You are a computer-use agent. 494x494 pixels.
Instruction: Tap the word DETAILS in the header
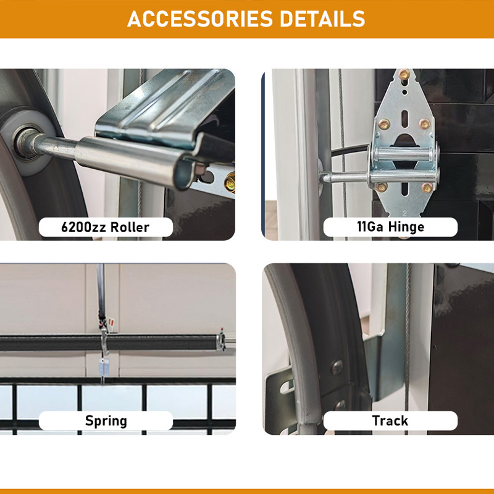(322, 19)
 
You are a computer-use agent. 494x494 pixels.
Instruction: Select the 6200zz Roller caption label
(106, 227)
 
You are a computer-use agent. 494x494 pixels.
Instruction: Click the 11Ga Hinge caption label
(390, 227)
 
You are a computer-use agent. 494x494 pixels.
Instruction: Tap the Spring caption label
(106, 421)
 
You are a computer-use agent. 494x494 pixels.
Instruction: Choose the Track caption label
(390, 421)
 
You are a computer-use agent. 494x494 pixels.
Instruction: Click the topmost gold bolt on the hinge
(404, 75)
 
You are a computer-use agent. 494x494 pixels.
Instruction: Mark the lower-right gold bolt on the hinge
(427, 187)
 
